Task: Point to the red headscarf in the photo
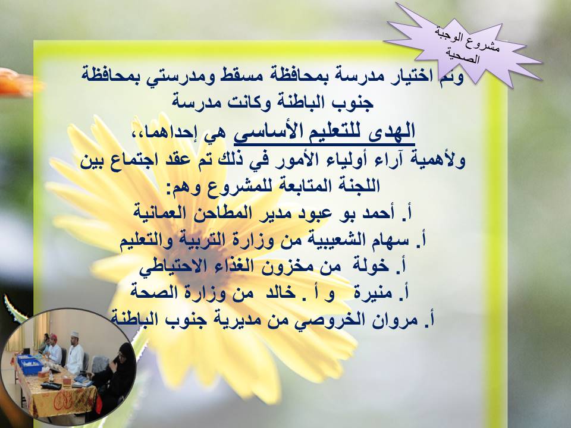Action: click(x=54, y=336)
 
